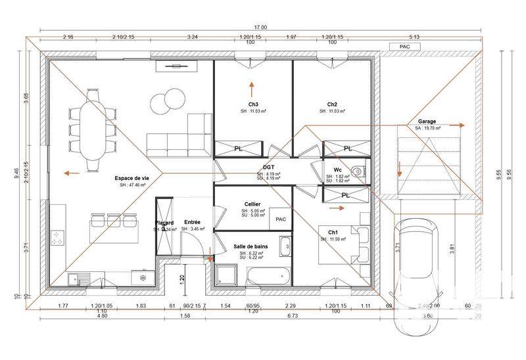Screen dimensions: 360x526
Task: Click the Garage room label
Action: pyautogui.click(x=427, y=122)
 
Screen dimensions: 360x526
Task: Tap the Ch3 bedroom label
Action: pyautogui.click(x=253, y=104)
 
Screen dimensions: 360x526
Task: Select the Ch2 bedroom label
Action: pyautogui.click(x=332, y=104)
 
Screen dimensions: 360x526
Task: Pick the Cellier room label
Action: pyautogui.click(x=253, y=204)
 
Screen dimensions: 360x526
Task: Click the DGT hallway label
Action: pyautogui.click(x=269, y=168)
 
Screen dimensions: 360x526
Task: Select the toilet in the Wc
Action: pyautogui.click(x=357, y=171)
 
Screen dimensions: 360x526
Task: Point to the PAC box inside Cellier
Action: pyautogui.click(x=281, y=219)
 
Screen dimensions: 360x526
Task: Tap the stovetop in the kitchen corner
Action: pyautogui.click(x=57, y=237)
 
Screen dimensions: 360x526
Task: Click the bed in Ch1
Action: pyautogui.click(x=345, y=244)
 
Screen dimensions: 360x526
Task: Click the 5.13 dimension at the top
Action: pyautogui.click(x=432, y=37)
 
